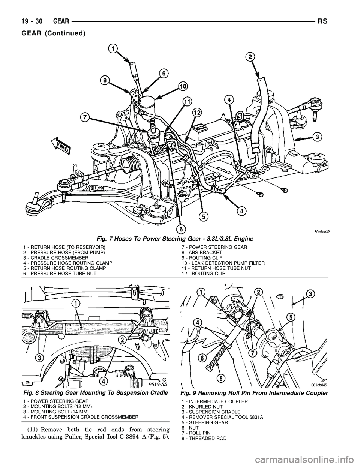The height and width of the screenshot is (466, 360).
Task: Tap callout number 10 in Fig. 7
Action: coord(183,86)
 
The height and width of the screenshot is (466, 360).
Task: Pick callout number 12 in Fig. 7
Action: coord(196,112)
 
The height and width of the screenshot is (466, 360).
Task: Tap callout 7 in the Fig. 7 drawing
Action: coord(86,117)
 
